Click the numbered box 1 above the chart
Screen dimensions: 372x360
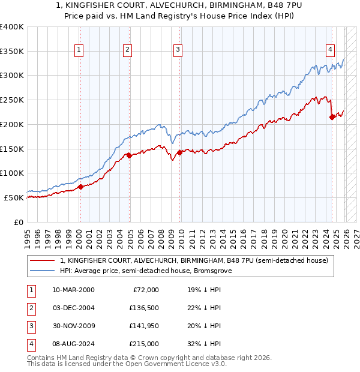tap(79, 50)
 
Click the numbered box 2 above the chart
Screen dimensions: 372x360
tap(128, 50)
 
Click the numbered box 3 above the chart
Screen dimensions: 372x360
tap(178, 50)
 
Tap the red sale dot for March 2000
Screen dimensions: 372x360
tap(80, 187)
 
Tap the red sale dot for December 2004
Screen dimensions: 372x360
tap(129, 155)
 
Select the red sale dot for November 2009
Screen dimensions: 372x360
tap(179, 152)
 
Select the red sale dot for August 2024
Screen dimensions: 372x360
tap(332, 117)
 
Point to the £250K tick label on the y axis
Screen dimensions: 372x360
tap(11, 100)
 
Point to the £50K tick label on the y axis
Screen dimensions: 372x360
tap(14, 197)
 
